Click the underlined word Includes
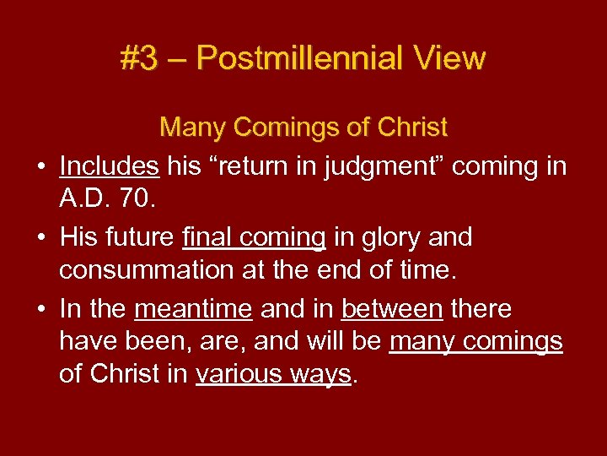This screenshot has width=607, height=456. click(x=110, y=166)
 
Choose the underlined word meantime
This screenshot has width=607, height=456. click(x=193, y=309)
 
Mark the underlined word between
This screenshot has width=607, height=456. click(x=392, y=309)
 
